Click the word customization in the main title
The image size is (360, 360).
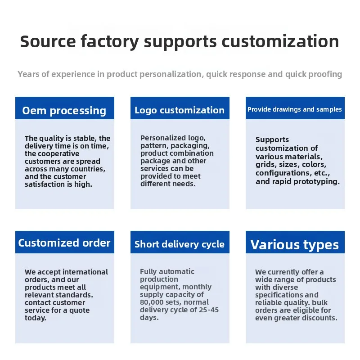click(x=280, y=41)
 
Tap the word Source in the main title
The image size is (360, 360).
click(x=48, y=41)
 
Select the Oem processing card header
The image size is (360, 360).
click(x=65, y=108)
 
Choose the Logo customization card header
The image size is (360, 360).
click(x=180, y=108)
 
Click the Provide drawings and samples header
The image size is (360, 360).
click(x=295, y=108)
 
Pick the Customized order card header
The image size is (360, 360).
click(x=65, y=242)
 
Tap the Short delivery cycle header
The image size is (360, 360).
click(x=180, y=242)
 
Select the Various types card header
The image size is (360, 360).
click(x=295, y=242)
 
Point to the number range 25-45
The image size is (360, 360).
click(x=209, y=310)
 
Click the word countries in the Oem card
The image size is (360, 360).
click(x=88, y=169)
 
